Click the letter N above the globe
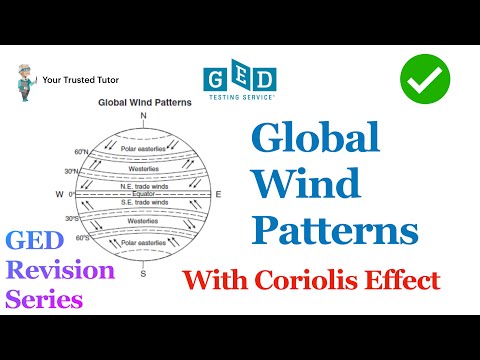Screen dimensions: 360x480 (x=144, y=116)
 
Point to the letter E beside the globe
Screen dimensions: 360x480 (x=219, y=194)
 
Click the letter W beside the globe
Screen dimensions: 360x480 (x=70, y=194)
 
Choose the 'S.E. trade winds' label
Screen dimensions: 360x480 (x=145, y=201)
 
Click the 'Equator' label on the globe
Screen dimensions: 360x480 (x=145, y=194)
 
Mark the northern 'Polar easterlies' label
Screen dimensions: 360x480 (x=144, y=149)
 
